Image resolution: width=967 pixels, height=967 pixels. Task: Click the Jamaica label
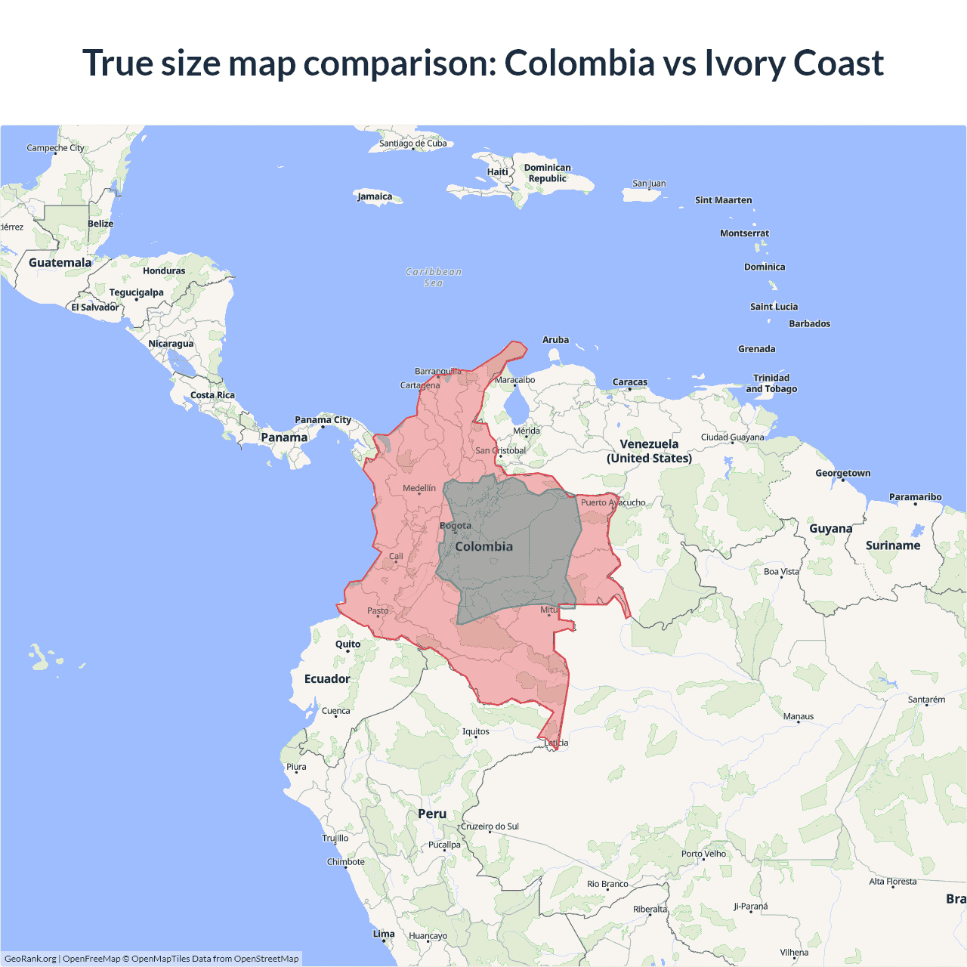(x=375, y=196)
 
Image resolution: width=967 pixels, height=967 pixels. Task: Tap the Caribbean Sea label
(x=434, y=277)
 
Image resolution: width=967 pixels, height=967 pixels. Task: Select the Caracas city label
(x=630, y=382)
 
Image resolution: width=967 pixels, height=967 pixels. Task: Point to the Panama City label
(x=323, y=420)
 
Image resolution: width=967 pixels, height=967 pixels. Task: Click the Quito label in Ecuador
(x=348, y=644)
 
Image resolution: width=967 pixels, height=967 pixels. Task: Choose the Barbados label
(x=809, y=323)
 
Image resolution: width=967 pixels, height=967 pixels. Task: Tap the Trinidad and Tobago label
(x=771, y=383)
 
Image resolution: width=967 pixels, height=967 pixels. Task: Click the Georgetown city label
(x=842, y=473)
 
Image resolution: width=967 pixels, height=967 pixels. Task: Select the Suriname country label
(x=893, y=545)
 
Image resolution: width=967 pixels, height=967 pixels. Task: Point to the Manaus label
(x=799, y=716)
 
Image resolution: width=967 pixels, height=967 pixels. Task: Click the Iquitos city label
(x=476, y=731)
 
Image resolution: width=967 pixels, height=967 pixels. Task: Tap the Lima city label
(x=384, y=934)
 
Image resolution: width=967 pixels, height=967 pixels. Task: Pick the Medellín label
(x=419, y=488)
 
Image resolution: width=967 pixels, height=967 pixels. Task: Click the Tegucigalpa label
(x=136, y=292)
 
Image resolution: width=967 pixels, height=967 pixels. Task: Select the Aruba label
(x=555, y=340)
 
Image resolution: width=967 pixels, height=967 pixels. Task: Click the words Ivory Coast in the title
(x=794, y=63)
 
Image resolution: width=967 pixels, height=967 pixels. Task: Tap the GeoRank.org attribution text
(x=30, y=959)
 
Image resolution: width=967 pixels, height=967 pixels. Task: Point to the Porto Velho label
(x=703, y=854)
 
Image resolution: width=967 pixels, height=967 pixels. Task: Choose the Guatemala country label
(x=60, y=262)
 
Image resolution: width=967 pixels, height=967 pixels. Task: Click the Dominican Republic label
(x=547, y=173)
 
